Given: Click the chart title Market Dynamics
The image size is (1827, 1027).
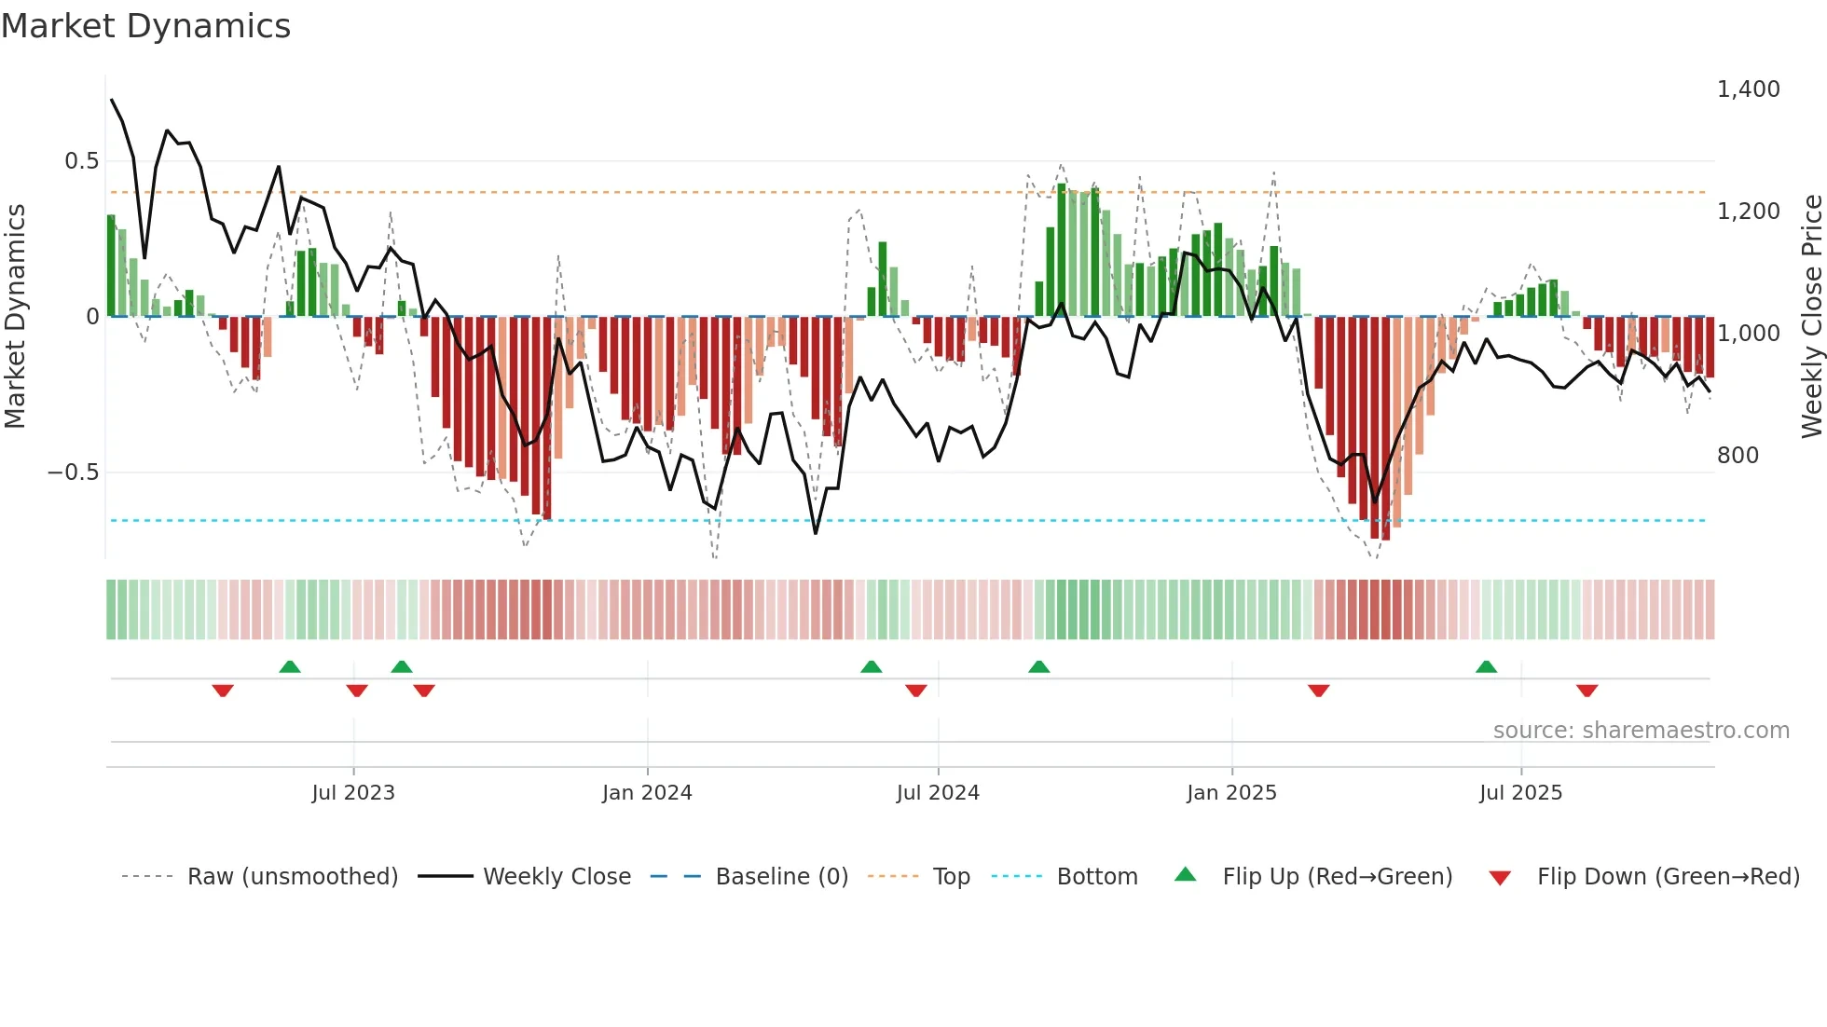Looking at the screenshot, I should point(146,26).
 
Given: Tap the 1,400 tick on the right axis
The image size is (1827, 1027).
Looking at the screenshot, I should point(1748,89).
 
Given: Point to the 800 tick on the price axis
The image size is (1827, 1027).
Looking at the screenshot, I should point(1738,456).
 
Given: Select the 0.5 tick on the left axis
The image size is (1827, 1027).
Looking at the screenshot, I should point(81,161).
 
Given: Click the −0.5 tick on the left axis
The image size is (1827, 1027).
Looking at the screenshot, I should point(73,472).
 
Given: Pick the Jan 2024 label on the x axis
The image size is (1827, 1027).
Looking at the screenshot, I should point(647,793).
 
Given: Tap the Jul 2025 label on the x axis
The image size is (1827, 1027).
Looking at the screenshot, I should point(1520,793).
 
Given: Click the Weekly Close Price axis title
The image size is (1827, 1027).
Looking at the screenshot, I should point(1811,317).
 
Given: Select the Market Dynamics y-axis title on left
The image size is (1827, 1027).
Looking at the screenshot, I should point(15,317).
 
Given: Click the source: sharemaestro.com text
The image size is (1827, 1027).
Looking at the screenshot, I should point(1641,731).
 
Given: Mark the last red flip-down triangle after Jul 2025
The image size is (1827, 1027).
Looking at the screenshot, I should point(1587,691).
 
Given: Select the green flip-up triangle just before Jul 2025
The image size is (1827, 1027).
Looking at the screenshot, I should point(1487,666).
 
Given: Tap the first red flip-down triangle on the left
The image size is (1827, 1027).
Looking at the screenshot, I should point(223,691).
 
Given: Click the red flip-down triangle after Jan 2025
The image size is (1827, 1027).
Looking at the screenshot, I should point(1318,691).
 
